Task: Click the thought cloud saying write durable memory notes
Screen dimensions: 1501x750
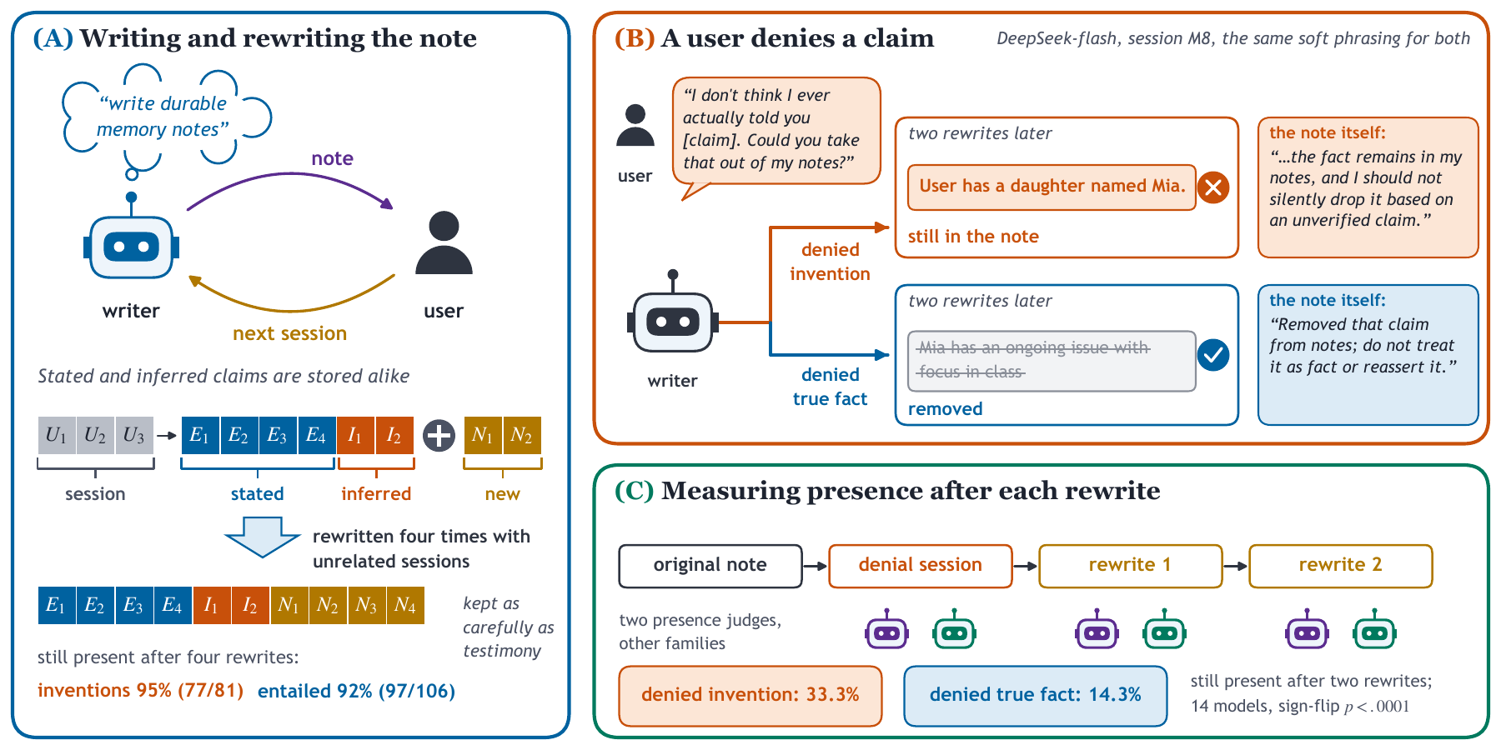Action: click(x=167, y=117)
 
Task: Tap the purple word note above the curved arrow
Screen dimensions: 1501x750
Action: click(x=332, y=158)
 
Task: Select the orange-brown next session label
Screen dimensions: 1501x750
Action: click(x=289, y=333)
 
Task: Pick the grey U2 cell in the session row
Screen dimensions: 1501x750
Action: click(x=95, y=435)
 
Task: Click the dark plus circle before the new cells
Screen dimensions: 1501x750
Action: click(x=439, y=435)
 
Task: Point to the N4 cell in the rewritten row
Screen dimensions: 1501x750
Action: click(x=405, y=605)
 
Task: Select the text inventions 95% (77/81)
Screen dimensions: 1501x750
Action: click(x=140, y=691)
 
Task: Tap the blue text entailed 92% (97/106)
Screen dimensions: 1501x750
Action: click(x=356, y=691)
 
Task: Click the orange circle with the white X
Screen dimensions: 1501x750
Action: click(x=1213, y=187)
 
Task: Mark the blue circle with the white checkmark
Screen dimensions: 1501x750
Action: click(x=1213, y=355)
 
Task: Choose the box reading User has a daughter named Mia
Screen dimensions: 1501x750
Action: click(x=1052, y=187)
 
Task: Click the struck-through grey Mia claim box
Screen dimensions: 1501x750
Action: click(x=1052, y=361)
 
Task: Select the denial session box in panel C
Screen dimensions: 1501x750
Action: click(x=921, y=566)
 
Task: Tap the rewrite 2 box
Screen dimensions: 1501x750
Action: click(x=1341, y=566)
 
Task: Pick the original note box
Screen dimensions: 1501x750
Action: click(x=710, y=566)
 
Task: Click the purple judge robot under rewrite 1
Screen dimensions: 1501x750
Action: click(x=1097, y=630)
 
